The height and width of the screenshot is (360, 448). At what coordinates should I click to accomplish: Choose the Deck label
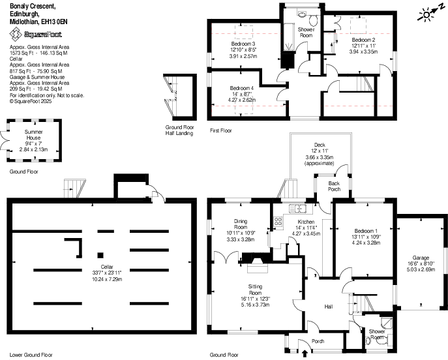click(x=319, y=144)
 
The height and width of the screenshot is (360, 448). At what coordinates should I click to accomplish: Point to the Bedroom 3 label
click(x=241, y=44)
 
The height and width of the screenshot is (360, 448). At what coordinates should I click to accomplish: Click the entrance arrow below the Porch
click(x=305, y=354)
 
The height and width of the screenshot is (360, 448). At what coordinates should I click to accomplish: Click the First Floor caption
click(x=221, y=131)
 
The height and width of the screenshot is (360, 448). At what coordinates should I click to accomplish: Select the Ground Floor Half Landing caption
click(x=180, y=129)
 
